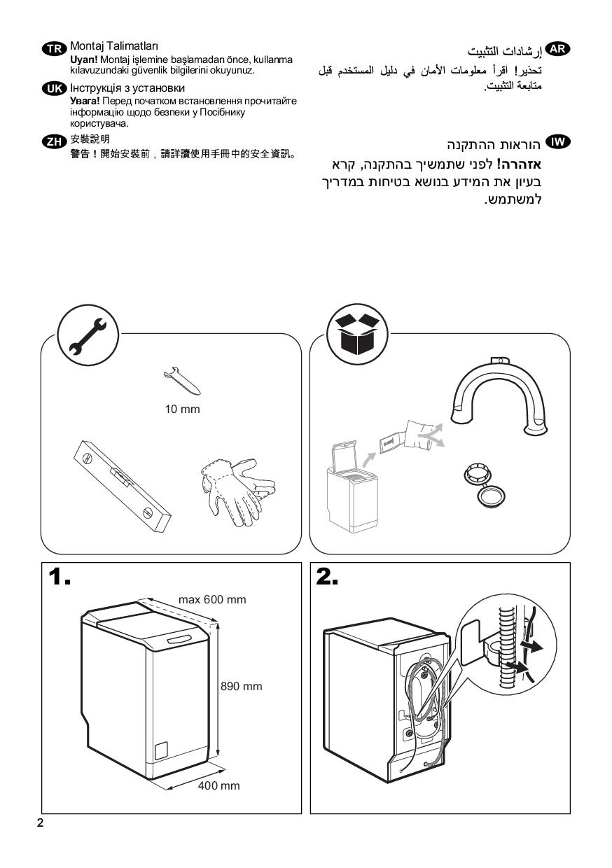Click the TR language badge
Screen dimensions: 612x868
pos(55,48)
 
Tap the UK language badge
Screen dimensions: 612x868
pos(55,89)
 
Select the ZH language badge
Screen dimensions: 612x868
pos(55,141)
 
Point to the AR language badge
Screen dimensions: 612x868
pos(557,49)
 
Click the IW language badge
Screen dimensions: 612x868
pos(557,141)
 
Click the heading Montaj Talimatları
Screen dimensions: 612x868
pos(114,46)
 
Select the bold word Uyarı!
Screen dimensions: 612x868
pos(84,59)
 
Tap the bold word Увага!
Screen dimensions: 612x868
pos(85,101)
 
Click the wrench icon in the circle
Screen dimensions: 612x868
pos(88,335)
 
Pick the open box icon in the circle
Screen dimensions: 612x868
pos(357,334)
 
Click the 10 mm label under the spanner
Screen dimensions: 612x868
pos(182,409)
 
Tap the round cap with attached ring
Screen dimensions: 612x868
pos(484,484)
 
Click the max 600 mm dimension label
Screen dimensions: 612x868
pos(212,599)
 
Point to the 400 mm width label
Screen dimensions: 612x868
pos(218,785)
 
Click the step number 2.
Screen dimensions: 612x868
pos(327,577)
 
